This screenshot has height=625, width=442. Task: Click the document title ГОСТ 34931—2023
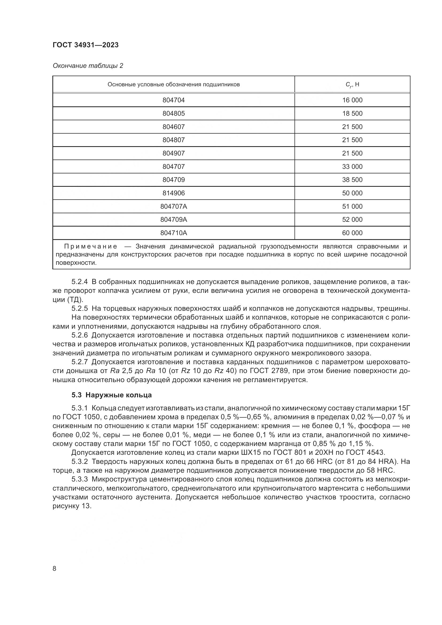[x=86, y=45]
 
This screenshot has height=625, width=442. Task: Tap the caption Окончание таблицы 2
[x=88, y=66]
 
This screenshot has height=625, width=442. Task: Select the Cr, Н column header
[x=352, y=84]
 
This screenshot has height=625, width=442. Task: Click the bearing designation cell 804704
[x=173, y=100]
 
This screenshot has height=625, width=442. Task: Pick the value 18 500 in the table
[x=352, y=114]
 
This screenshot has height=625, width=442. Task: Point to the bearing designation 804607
[x=173, y=127]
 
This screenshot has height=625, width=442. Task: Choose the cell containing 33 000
[x=352, y=166]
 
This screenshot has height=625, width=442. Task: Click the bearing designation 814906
[x=173, y=193]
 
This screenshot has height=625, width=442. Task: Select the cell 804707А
[x=173, y=207]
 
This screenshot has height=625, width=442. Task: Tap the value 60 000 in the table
[x=352, y=233]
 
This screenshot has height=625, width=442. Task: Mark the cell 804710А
[x=173, y=233]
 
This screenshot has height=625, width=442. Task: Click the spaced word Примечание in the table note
[x=91, y=247]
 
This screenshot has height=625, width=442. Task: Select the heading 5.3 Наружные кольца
[x=112, y=395]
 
